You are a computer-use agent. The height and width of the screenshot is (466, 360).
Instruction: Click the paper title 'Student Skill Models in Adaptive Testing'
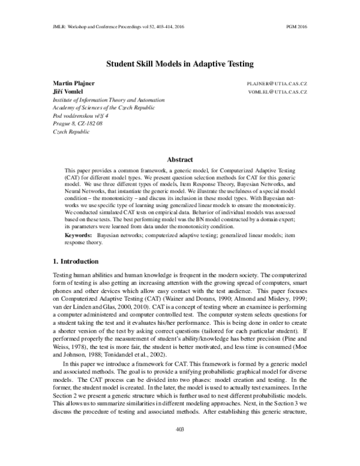point(180,62)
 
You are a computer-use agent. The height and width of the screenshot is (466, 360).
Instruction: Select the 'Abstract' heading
point(180,159)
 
